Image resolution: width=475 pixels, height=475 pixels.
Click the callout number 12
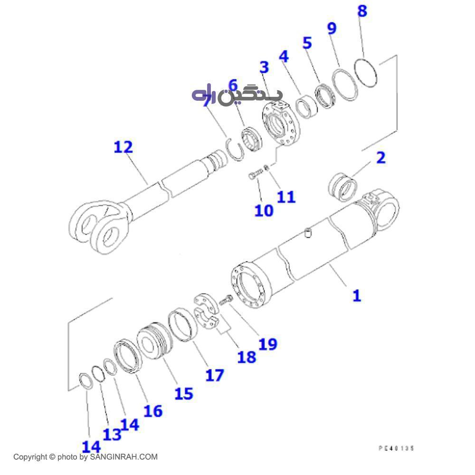click(123, 147)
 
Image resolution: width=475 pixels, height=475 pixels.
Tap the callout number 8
click(362, 11)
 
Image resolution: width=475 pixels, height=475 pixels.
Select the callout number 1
click(356, 295)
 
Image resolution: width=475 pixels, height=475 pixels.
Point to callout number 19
click(267, 343)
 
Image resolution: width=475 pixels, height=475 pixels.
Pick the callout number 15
click(184, 393)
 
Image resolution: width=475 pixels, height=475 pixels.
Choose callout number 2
click(380, 158)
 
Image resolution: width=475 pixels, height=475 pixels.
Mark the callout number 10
click(264, 210)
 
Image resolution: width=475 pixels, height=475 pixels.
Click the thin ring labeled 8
click(367, 73)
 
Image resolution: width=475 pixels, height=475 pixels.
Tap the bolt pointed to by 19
click(226, 300)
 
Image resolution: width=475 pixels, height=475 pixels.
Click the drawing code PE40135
click(396, 448)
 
